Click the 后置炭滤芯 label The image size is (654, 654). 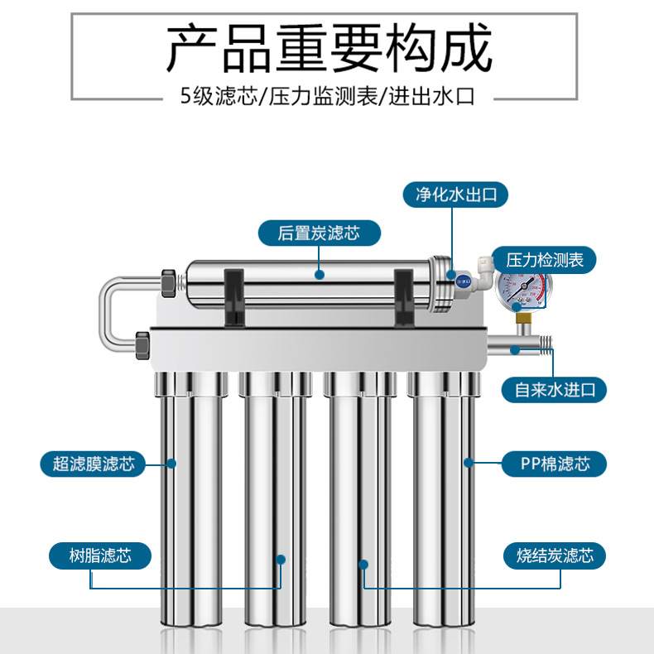[x=319, y=233]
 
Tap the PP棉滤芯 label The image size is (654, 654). [x=554, y=464]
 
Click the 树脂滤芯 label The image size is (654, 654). [x=99, y=555]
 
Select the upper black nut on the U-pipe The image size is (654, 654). [x=168, y=283]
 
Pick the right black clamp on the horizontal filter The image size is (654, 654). [x=404, y=294]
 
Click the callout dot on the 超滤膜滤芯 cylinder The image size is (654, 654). [x=172, y=464]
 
